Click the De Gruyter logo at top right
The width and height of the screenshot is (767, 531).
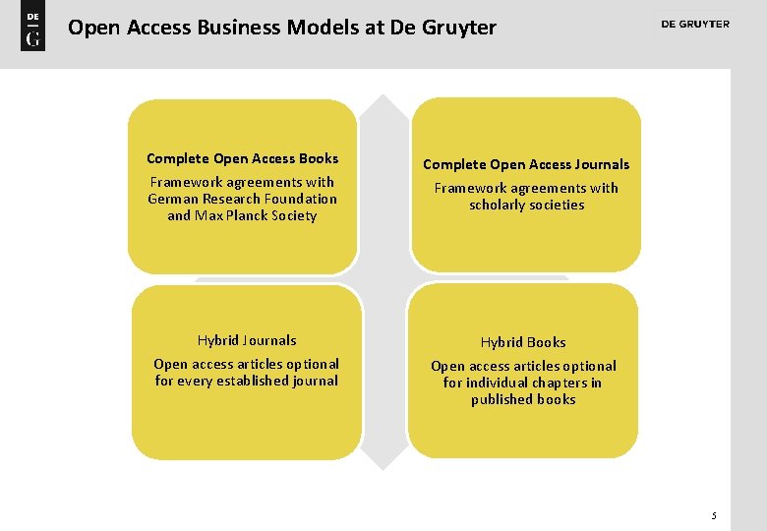pos(695,25)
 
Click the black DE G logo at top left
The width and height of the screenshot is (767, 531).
pos(32,29)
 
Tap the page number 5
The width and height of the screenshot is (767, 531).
pos(714,515)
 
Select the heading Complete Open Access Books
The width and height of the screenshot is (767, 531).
pos(242,158)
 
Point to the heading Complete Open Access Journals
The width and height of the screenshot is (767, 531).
pos(526,164)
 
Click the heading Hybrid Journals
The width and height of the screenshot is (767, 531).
pos(247,340)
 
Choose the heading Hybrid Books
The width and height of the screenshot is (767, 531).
pos(523,342)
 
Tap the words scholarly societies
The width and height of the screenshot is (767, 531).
pos(527,205)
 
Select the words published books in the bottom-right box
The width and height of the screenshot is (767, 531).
pos(523,399)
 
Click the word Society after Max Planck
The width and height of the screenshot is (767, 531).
pos(294,215)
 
